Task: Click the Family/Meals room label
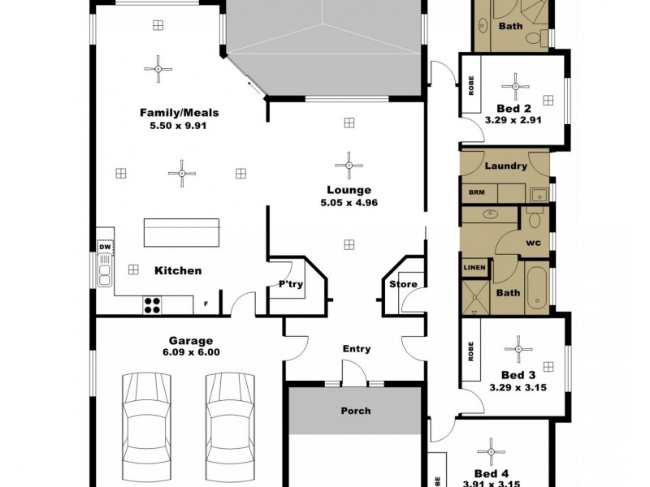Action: click(x=179, y=113)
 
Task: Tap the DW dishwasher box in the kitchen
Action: click(x=104, y=247)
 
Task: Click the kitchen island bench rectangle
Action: click(x=182, y=233)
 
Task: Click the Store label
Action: click(x=403, y=284)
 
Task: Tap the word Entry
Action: click(x=356, y=349)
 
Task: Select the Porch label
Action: click(x=355, y=411)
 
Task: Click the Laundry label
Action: click(x=505, y=166)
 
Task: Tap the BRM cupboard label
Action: click(x=474, y=194)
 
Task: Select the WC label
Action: click(x=533, y=243)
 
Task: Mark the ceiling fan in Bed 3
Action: click(x=517, y=350)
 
